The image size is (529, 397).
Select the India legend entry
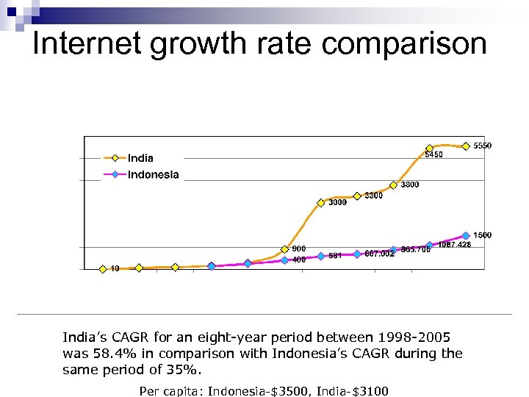pyautogui.click(x=140, y=158)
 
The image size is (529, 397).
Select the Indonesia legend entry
pyautogui.click(x=153, y=175)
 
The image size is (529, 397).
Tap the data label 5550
pyautogui.click(x=483, y=146)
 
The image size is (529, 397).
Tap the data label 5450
pyautogui.click(x=434, y=155)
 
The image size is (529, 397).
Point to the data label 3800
pyautogui.click(x=410, y=185)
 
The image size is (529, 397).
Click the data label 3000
pyautogui.click(x=337, y=203)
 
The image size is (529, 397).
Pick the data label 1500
pyautogui.click(x=483, y=235)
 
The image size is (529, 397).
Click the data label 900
pyautogui.click(x=299, y=248)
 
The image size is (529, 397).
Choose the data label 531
pyautogui.click(x=336, y=256)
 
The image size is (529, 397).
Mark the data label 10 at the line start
pyautogui.click(x=115, y=269)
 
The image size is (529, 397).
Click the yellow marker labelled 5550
pyautogui.click(x=466, y=146)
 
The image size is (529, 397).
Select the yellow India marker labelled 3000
pyautogui.click(x=321, y=203)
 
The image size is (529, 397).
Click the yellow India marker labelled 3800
pyautogui.click(x=393, y=185)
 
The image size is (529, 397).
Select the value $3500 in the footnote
pyautogui.click(x=297, y=391)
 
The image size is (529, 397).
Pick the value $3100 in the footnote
pyautogui.click(x=370, y=391)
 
